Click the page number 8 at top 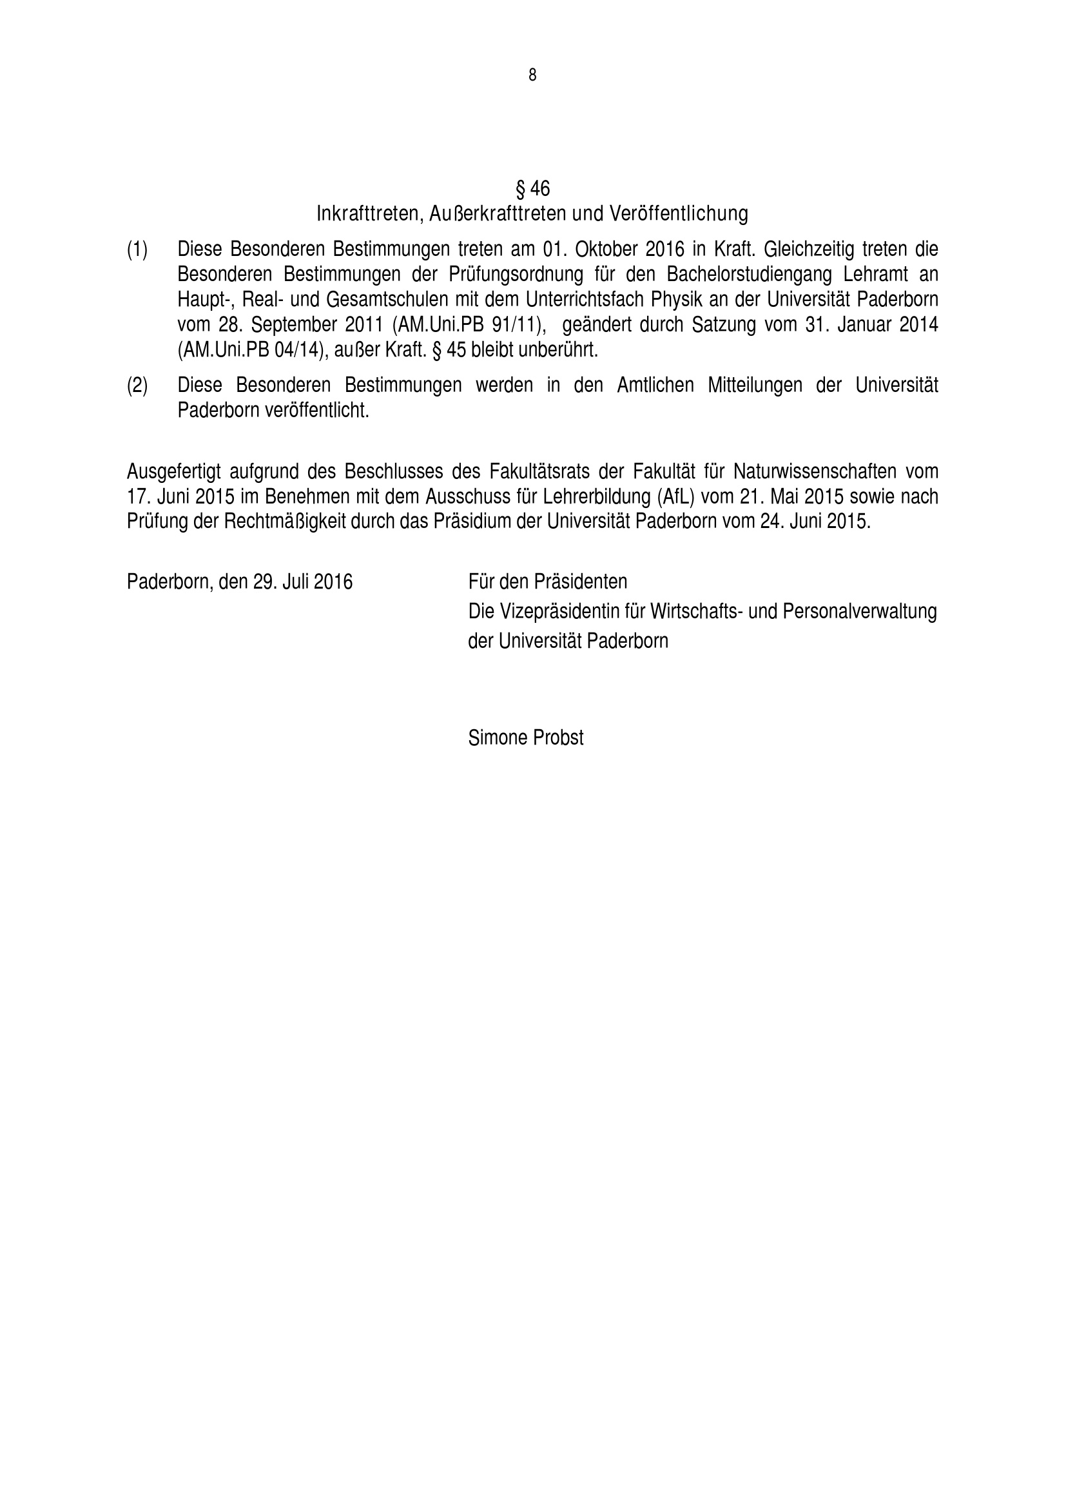(532, 75)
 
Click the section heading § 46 (532, 189)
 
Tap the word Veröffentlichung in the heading (679, 213)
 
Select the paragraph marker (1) (137, 250)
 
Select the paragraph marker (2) (137, 386)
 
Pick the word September (294, 325)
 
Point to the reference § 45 (448, 350)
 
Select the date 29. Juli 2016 (303, 582)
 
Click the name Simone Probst (526, 738)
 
